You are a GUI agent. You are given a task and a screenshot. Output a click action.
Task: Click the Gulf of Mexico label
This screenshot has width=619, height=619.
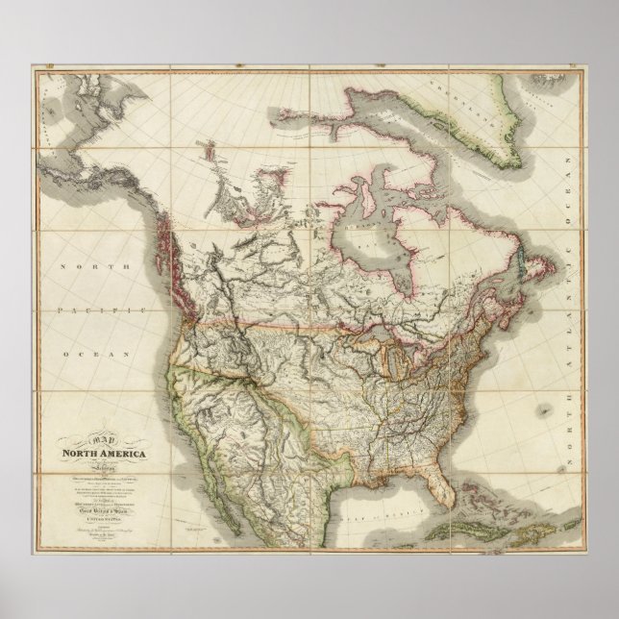(384, 490)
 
